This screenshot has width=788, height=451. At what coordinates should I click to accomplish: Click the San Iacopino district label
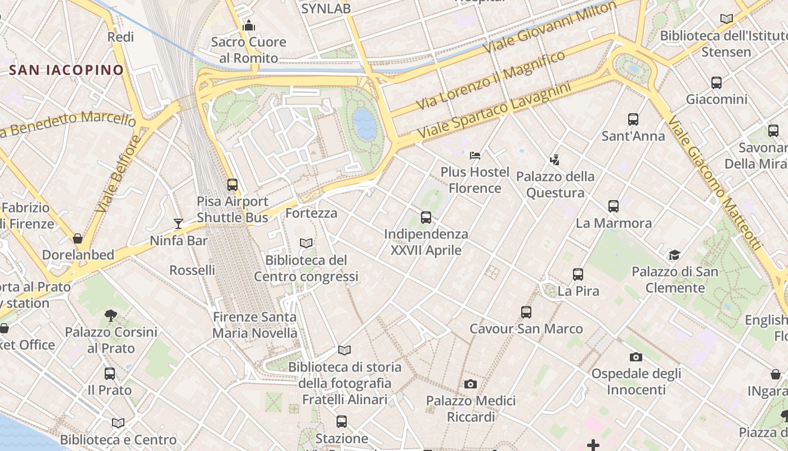[66, 70]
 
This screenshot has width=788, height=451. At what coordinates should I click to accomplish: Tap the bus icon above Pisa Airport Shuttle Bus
[232, 184]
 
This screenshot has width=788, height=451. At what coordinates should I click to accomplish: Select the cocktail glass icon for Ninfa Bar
[178, 224]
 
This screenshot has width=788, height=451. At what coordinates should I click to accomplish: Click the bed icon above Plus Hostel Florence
[475, 155]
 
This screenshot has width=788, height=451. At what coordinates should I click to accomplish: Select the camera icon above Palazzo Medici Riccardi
[471, 384]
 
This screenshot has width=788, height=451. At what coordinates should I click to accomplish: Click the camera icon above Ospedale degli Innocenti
[636, 356]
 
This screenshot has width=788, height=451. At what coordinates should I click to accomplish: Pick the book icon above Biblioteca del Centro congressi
[306, 243]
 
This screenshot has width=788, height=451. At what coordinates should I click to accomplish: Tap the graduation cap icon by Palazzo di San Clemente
[674, 255]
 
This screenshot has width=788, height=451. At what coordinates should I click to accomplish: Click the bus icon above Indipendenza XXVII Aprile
[426, 217]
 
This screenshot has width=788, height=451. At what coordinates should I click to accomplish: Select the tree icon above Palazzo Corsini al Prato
[111, 315]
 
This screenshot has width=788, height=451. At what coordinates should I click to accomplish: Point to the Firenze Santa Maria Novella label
[254, 325]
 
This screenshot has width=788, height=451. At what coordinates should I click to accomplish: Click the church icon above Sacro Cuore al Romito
[248, 25]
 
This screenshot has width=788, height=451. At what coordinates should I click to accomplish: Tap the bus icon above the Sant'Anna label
[633, 119]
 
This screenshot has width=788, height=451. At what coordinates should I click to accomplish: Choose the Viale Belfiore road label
[117, 174]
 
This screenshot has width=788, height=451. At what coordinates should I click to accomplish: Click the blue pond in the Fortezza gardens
[364, 123]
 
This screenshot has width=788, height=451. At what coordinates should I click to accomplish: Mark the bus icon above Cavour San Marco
[526, 312]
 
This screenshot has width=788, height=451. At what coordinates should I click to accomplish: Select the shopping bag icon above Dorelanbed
[78, 238]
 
